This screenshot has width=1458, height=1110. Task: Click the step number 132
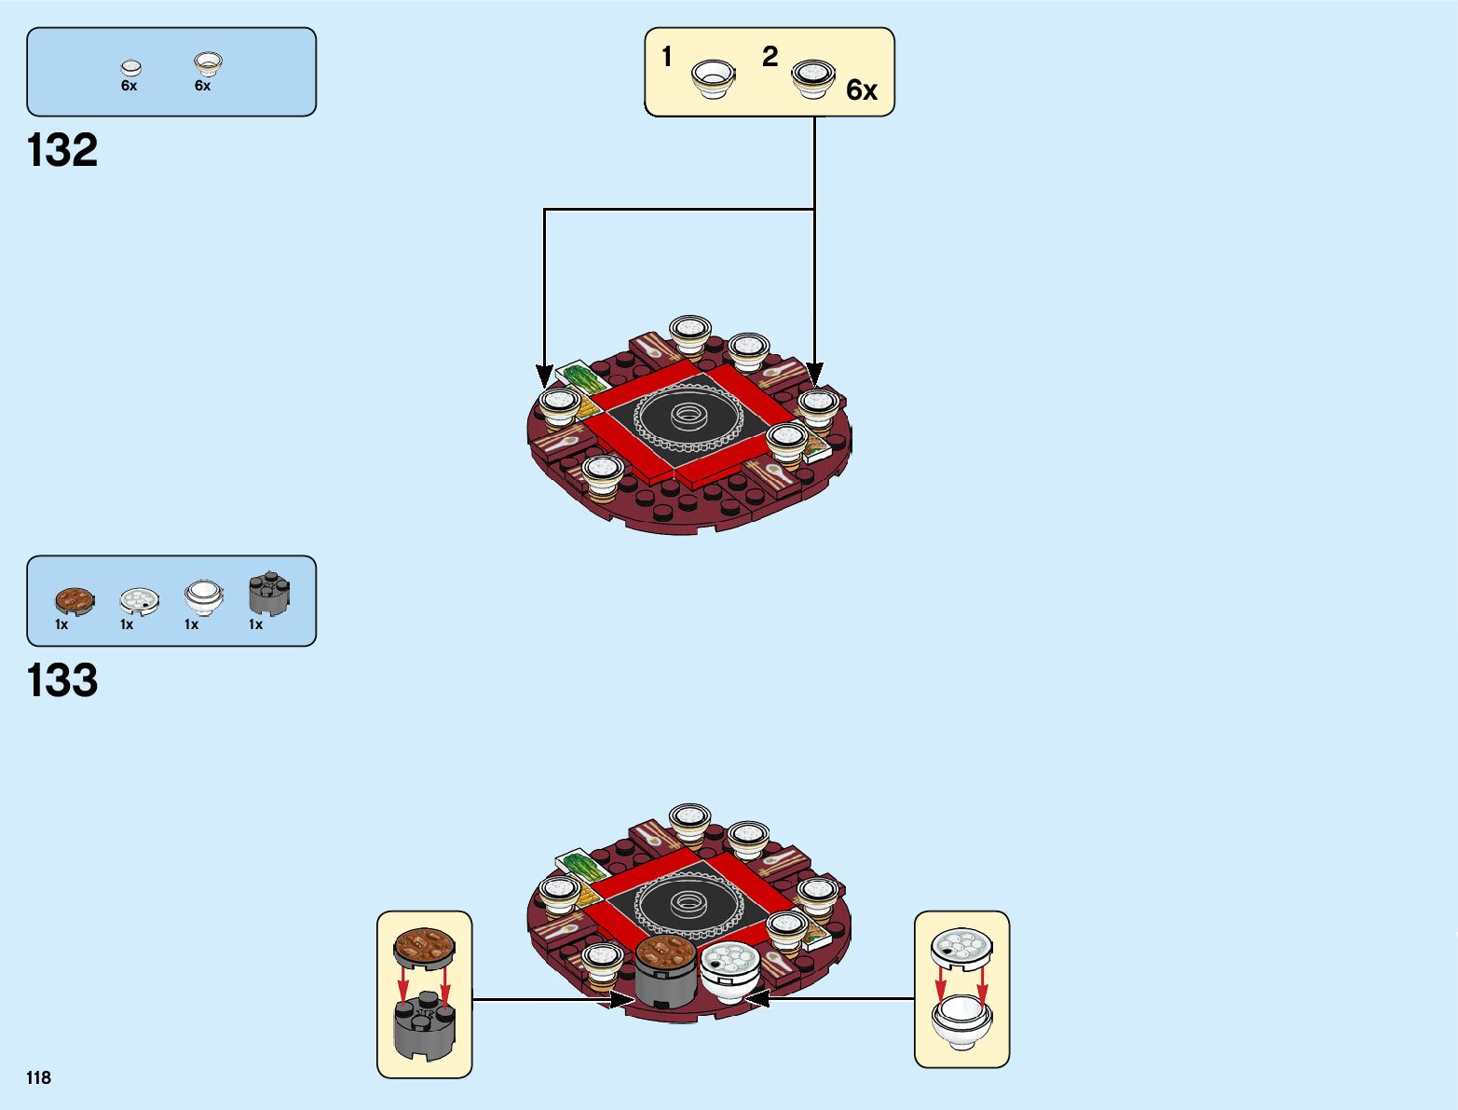coord(62,151)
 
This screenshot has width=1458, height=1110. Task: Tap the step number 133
coord(62,680)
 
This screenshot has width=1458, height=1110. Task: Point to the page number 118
coord(38,1077)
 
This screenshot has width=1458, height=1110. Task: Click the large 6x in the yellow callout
coord(862,90)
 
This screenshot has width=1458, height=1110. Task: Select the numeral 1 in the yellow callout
coord(667,57)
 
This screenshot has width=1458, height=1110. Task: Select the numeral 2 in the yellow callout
coord(770,57)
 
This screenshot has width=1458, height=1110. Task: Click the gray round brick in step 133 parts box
coord(268,594)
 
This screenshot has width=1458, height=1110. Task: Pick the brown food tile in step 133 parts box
coord(74,600)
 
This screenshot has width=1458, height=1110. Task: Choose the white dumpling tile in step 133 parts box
coord(139,600)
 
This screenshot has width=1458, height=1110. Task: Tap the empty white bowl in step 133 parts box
coord(203,596)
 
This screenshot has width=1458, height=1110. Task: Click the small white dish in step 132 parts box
coord(131,68)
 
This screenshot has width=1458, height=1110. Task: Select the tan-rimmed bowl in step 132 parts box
coord(208,64)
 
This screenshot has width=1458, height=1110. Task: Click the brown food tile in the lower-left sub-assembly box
coord(424,946)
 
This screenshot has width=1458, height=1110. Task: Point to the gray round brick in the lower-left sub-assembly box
coord(424,1025)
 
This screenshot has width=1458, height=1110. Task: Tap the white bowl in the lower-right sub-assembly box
coord(961,1021)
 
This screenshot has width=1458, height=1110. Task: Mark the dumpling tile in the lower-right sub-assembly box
coord(961,947)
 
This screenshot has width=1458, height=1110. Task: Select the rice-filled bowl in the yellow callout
coord(813,78)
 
